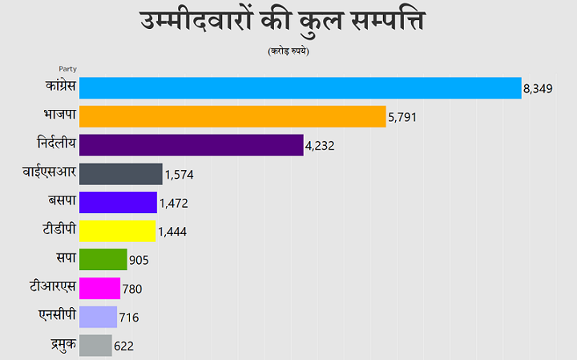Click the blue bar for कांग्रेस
coord(301,88)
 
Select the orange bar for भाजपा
coord(233,117)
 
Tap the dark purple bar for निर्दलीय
coord(192,145)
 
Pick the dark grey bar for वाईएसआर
coord(121,174)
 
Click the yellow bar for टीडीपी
coord(118,231)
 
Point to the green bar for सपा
coord(103,260)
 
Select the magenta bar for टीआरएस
coord(100,288)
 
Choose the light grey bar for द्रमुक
coord(96,346)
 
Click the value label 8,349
coord(539,89)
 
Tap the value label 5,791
coord(403,118)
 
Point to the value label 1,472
coord(173,204)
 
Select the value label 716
coord(129,318)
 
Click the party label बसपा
coord(62,201)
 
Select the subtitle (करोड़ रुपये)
coord(288,51)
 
